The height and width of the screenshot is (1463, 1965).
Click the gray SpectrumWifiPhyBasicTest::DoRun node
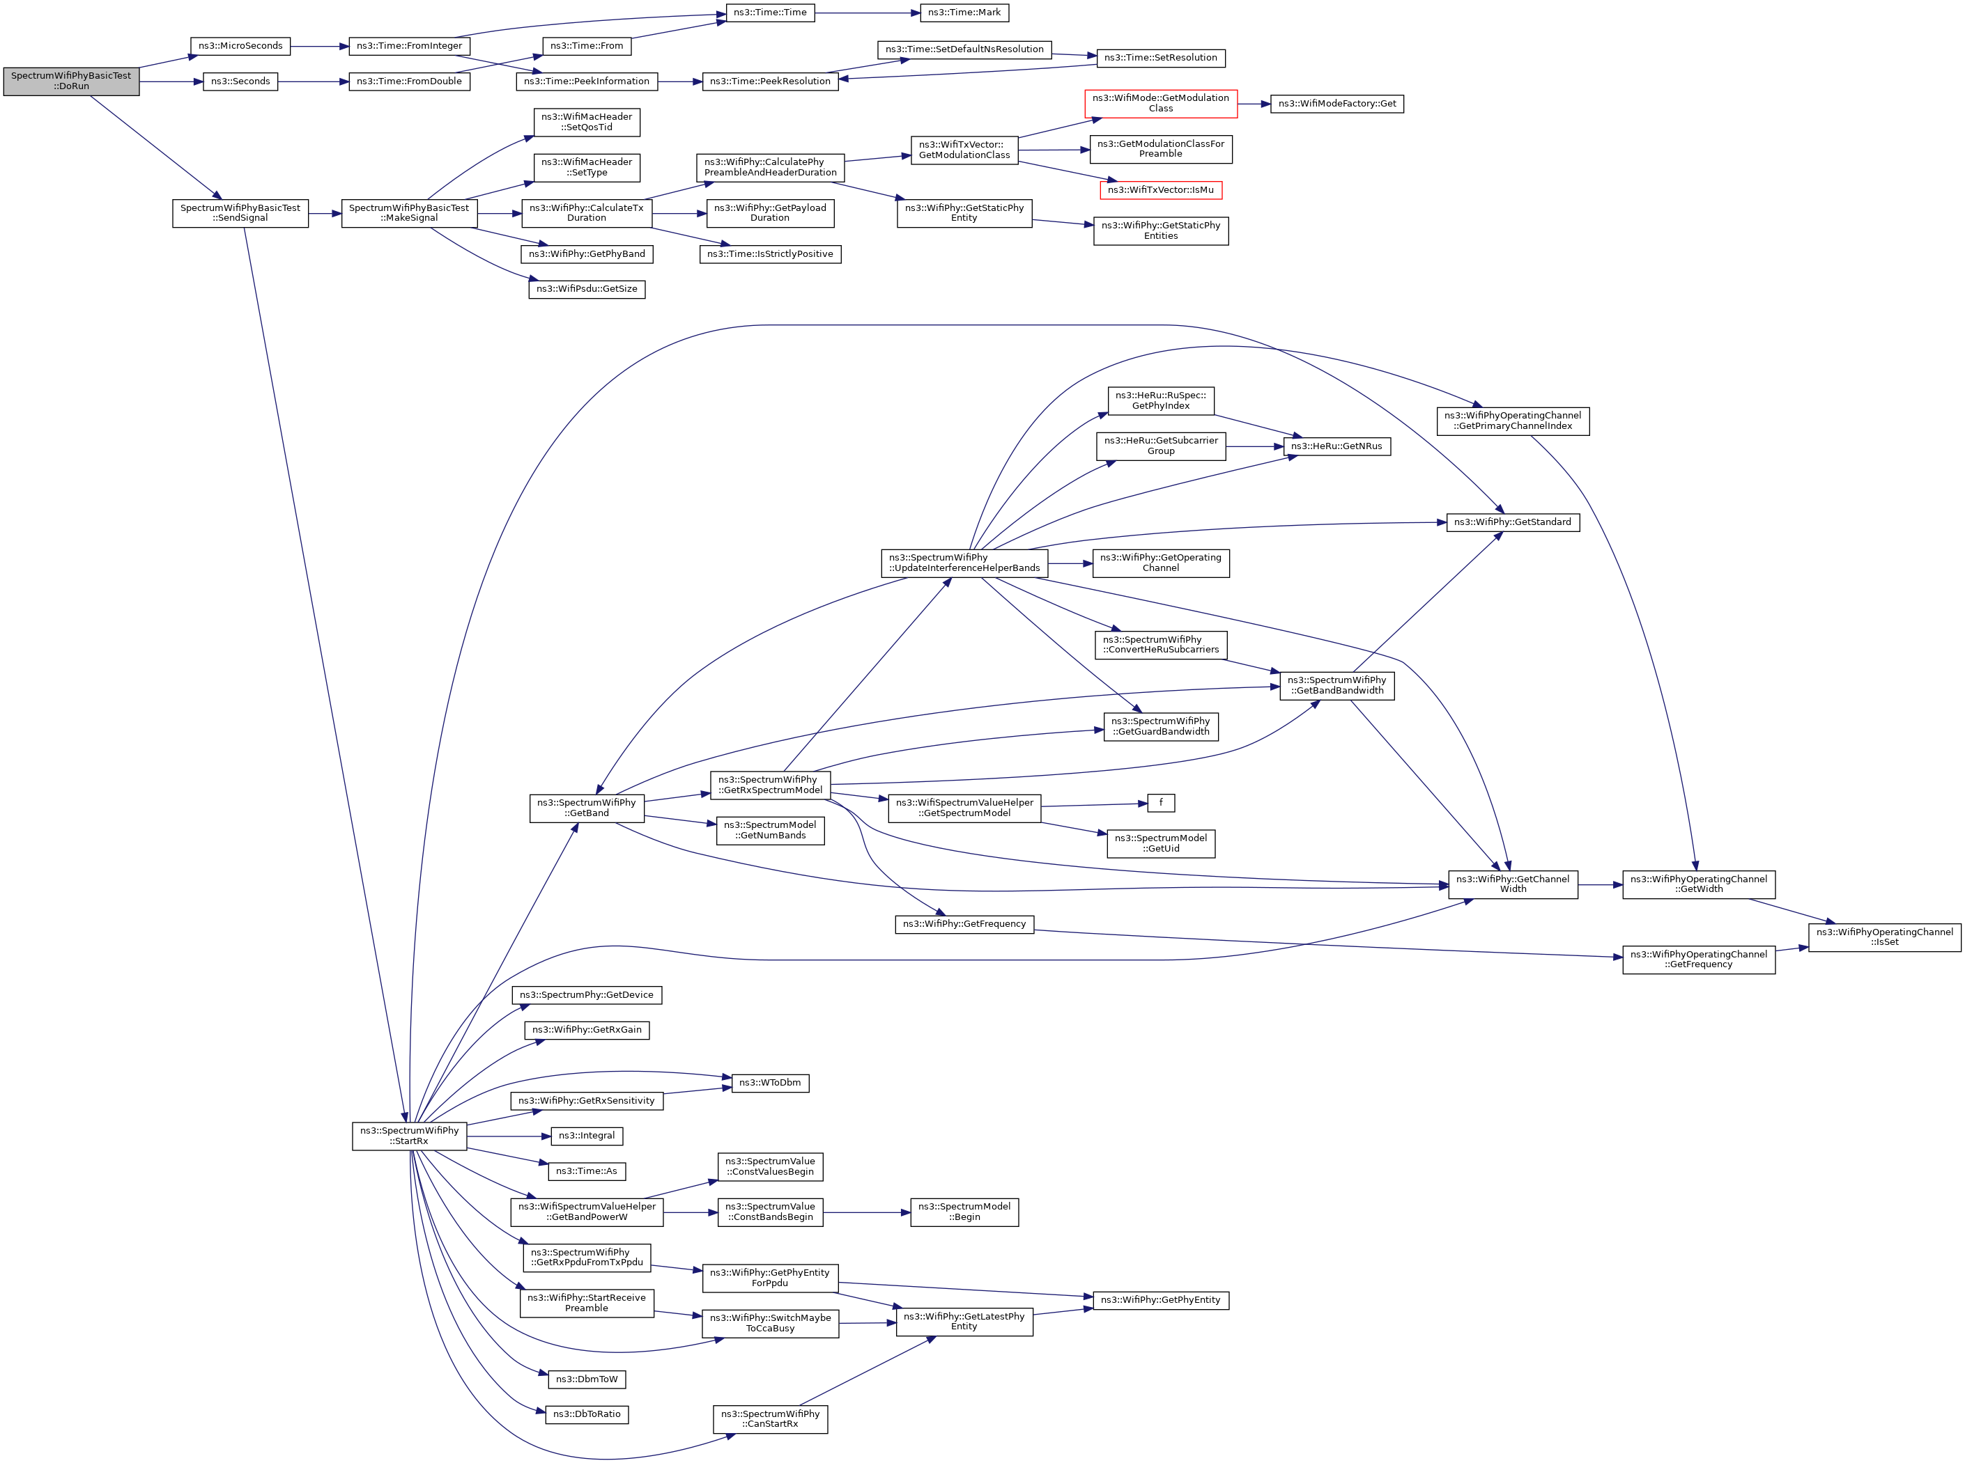(71, 81)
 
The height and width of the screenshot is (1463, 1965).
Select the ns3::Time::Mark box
(964, 13)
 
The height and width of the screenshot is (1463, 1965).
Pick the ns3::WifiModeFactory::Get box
(1337, 104)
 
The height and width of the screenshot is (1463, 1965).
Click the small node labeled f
(1161, 804)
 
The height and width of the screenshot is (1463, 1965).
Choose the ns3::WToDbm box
(770, 1083)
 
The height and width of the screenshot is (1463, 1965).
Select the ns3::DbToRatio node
(587, 1414)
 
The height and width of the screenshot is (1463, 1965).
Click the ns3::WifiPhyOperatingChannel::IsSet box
(1884, 937)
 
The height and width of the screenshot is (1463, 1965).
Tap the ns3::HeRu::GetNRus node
(1337, 446)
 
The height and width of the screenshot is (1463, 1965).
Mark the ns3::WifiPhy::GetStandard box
(1512, 522)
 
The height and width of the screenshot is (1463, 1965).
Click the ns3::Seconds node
(240, 81)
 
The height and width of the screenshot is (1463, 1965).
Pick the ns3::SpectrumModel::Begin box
(964, 1212)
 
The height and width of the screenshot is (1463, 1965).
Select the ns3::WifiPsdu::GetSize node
(587, 290)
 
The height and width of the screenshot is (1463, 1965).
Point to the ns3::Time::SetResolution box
(1161, 58)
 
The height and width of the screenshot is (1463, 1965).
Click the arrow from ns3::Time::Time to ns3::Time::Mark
(868, 13)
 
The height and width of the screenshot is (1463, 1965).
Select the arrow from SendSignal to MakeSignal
(325, 214)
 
